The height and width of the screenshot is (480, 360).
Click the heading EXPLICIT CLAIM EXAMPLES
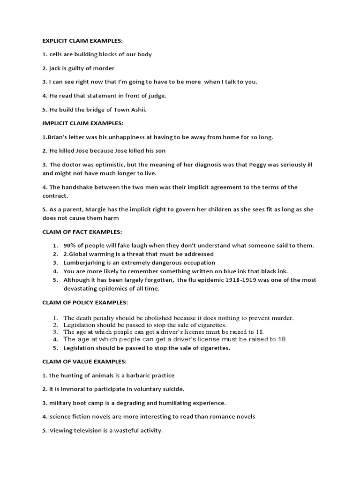point(82,41)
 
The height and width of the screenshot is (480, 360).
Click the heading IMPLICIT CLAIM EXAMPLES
point(83,123)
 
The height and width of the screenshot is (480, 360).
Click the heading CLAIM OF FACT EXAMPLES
point(82,232)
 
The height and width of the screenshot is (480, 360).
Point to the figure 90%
point(71,246)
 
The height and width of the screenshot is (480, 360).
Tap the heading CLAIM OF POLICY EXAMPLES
point(85,303)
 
